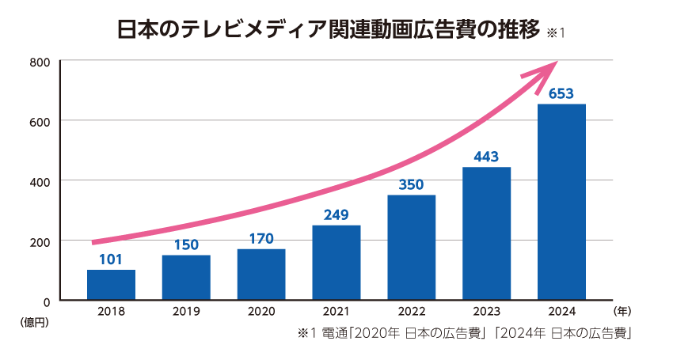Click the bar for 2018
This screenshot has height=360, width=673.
111,285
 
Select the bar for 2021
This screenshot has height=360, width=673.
336,263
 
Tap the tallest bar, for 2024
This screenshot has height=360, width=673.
561,202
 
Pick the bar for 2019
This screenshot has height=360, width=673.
186,278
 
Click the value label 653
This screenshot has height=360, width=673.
561,94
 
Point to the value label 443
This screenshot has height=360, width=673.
486,157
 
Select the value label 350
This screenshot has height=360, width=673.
412,185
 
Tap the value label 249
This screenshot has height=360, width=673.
336,214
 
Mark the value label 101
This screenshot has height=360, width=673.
111,260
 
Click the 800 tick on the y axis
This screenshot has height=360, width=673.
41,62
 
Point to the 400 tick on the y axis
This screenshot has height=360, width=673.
41,181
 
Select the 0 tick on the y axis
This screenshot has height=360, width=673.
48,301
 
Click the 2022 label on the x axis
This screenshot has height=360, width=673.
412,312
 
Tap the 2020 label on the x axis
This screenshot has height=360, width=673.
261,312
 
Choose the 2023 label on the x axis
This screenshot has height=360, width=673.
486,312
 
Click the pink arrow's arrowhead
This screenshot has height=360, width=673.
546,71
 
